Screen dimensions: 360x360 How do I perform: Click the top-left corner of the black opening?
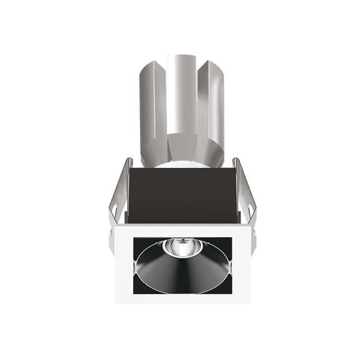click(134, 239)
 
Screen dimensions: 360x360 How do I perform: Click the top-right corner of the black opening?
click(232, 238)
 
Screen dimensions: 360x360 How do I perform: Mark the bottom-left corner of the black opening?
click(134, 293)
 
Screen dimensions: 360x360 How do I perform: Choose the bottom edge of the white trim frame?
click(183, 298)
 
